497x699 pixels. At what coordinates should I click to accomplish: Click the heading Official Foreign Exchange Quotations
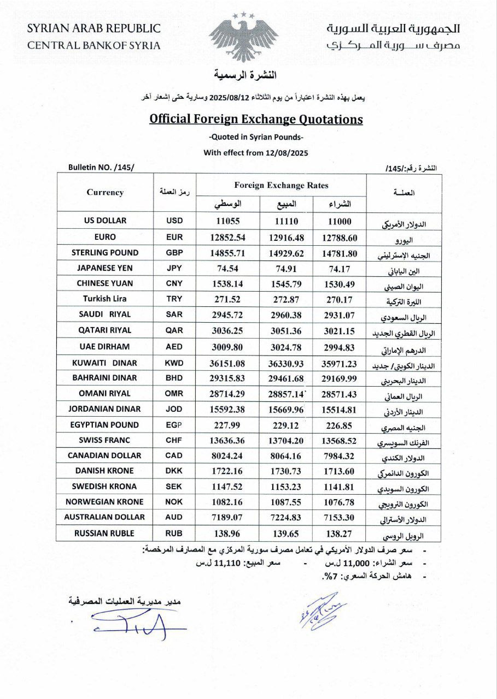tap(256, 119)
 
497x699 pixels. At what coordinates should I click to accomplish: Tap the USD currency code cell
tap(174, 221)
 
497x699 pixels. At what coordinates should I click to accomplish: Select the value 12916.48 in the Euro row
tap(280, 237)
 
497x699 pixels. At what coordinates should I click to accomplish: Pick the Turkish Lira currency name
tap(105, 299)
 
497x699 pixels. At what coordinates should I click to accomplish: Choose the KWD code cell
tap(174, 363)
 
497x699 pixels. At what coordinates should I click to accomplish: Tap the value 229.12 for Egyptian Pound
tap(280, 425)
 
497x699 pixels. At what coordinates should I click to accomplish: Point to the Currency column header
tap(105, 192)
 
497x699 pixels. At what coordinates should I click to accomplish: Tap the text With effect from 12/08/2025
tap(256, 153)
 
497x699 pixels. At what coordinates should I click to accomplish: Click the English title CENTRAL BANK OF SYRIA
tap(94, 45)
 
